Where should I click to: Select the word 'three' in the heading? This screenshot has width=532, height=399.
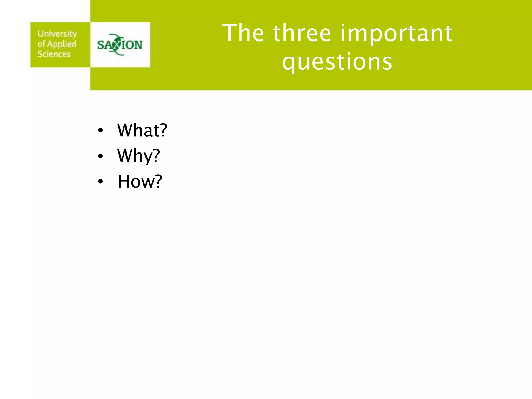pos(302,34)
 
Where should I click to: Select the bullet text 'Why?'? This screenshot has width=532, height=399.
pos(138,156)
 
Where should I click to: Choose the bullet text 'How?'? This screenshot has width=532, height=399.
pos(140,181)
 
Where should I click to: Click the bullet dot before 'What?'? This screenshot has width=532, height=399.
pos(101,131)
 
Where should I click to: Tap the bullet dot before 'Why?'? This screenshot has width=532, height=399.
pos(101,156)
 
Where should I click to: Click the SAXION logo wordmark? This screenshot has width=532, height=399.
pos(120,45)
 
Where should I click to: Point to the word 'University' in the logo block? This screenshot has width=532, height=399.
pos(57,34)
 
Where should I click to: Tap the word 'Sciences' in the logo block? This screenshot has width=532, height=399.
pos(54,54)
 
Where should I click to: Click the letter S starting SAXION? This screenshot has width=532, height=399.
pos(101,45)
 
